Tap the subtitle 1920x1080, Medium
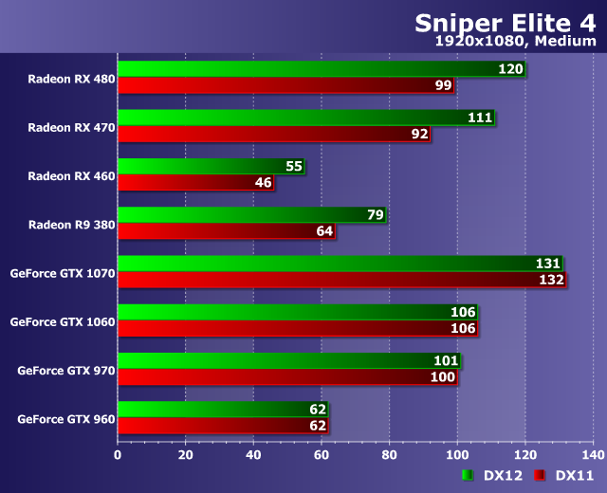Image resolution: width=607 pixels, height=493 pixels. coord(515,42)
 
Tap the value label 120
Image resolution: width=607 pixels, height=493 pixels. coord(510,69)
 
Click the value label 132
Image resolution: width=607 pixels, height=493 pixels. coord(551,280)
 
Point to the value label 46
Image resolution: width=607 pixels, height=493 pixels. coord(263,182)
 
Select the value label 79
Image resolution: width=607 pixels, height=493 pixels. coord(375,215)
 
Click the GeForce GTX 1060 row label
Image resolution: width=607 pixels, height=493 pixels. coord(63,321)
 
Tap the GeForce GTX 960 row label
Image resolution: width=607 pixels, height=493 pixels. coord(65,418)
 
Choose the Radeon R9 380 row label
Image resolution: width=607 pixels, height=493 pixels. coord(71,224)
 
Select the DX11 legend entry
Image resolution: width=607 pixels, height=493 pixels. coord(564,475)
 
